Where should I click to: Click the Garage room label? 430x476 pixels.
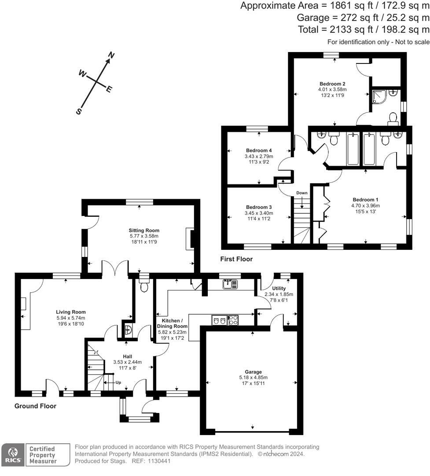tap(253, 372)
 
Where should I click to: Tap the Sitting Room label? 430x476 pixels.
tap(144, 230)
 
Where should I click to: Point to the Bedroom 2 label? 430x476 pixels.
tap(332, 84)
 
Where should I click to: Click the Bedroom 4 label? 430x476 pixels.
tap(258, 151)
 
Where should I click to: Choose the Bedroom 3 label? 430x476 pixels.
tap(258, 207)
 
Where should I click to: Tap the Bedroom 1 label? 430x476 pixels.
tap(365, 200)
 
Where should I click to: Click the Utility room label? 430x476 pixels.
tap(279, 289)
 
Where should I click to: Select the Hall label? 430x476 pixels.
tap(128, 356)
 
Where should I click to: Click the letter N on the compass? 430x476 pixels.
tap(111, 56)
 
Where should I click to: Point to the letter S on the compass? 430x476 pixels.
tap(79, 112)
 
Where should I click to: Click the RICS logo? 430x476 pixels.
tap(13, 454)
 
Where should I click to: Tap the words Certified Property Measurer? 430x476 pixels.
tap(43, 454)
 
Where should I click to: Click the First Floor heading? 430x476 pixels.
tap(238, 259)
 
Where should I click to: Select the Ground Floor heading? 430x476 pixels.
tap(36, 406)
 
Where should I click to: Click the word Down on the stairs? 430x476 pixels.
tap(302, 193)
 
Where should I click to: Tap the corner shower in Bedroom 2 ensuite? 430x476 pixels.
tap(379, 97)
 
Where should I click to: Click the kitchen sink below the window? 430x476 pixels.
tap(228, 284)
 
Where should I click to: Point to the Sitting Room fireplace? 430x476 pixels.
tap(190, 238)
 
